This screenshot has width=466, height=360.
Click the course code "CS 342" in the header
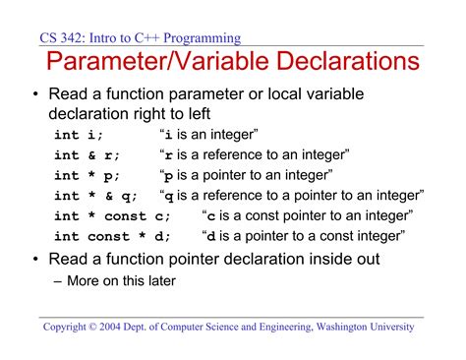click(x=62, y=38)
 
